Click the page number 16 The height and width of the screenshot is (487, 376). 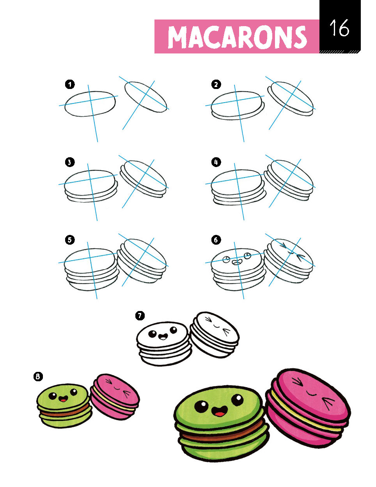pos(339,28)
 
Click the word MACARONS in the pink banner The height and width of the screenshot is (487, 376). pos(237,37)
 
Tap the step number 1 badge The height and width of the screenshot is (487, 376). pos(70,85)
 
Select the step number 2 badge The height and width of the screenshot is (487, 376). pos(216,85)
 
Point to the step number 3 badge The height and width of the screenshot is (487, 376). pos(70,162)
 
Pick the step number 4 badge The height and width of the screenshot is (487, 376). pos(216,162)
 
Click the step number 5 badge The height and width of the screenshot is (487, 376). pos(70,240)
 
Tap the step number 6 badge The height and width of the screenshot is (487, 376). pos(216,240)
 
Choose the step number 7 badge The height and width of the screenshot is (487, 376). pos(140,316)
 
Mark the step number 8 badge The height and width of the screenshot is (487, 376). pos(38,377)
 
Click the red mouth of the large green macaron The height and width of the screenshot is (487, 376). pos(220,411)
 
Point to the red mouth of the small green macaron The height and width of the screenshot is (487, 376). pos(63,398)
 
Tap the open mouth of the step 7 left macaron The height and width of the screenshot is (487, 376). pos(163,336)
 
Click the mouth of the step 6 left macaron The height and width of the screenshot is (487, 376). pos(236,262)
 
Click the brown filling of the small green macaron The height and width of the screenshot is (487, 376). pos(65,412)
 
